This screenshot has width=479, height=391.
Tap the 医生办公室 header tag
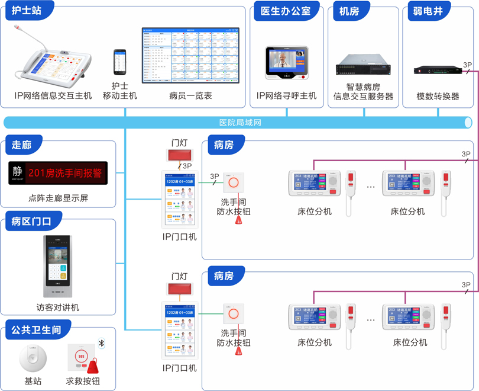(x=286, y=11)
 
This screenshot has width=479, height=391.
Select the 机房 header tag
(x=349, y=11)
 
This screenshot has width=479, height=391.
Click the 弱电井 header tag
(x=429, y=11)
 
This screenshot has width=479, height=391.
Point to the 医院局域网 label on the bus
(x=240, y=123)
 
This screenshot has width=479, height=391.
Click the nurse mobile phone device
(x=120, y=62)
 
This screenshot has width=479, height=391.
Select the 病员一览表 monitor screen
(x=190, y=55)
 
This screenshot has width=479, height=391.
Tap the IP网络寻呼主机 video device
(x=287, y=63)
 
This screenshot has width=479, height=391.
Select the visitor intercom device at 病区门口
(x=57, y=266)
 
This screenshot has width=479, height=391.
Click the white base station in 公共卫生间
(x=33, y=358)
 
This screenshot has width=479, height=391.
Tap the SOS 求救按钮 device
(x=82, y=358)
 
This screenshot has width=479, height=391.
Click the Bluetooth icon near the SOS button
(x=101, y=344)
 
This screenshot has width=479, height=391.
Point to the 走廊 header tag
(x=21, y=145)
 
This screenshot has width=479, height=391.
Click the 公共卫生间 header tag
(x=36, y=329)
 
